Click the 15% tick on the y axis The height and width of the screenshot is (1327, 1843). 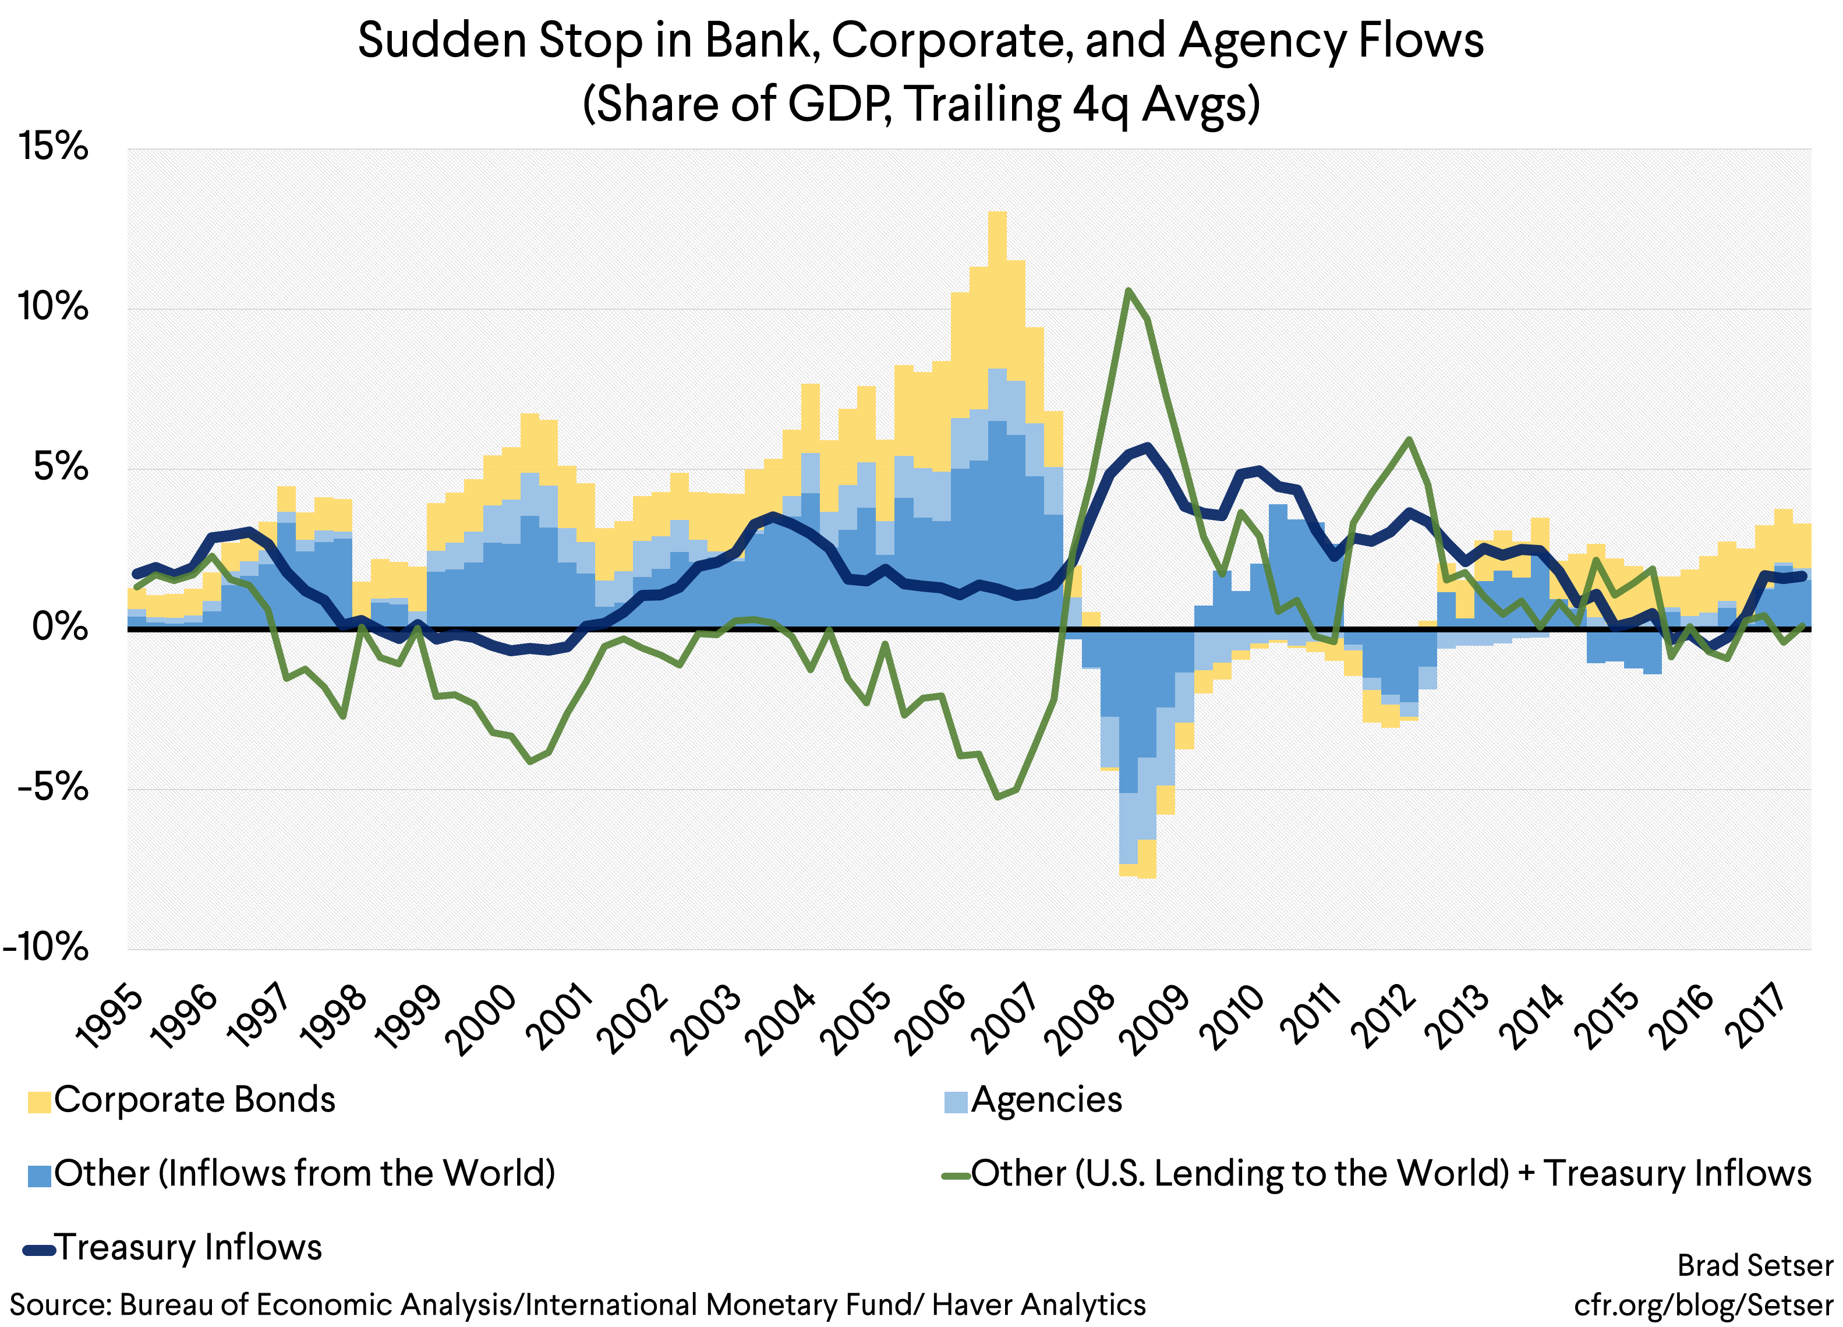(x=54, y=147)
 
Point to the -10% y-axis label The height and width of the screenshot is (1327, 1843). (x=47, y=947)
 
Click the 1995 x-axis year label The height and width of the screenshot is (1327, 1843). (x=109, y=1019)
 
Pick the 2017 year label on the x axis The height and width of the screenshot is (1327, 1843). (x=1759, y=1019)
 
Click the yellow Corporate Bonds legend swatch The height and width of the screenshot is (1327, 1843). (x=39, y=1102)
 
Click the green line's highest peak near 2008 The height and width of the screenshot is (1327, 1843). (x=1128, y=289)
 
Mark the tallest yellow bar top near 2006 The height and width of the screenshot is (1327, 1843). (x=997, y=213)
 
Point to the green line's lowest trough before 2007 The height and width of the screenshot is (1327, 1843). (x=998, y=797)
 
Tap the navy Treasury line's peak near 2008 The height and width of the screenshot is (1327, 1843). (x=1147, y=445)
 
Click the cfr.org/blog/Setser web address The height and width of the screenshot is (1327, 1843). (x=1703, y=1304)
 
